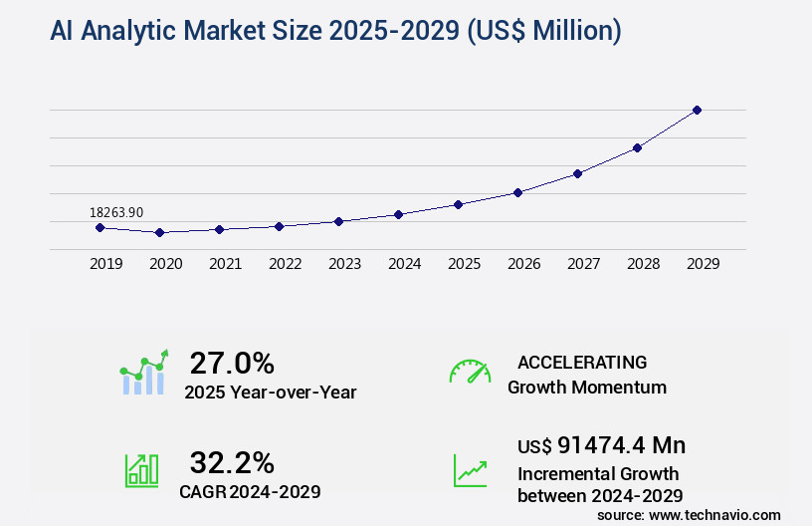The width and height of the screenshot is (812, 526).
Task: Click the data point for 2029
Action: pos(697,110)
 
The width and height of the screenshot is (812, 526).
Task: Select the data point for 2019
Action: pos(100,227)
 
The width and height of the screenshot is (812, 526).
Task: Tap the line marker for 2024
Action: pos(398,214)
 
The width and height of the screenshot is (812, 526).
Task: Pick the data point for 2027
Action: pos(577,173)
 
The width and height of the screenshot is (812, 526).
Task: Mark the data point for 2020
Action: pos(159,232)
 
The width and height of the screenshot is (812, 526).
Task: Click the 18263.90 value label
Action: pos(116,212)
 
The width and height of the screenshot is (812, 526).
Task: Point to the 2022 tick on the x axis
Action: pos(285,264)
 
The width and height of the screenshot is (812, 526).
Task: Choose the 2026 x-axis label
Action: pos(523,264)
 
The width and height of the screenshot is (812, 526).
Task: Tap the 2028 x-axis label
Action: pos(643,264)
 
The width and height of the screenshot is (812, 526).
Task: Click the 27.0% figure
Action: pos(232,363)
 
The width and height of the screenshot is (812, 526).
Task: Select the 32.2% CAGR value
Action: pos(232,462)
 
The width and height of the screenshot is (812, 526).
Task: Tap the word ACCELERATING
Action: pos(582,363)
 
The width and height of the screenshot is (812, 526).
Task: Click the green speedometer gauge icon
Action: pos(470,372)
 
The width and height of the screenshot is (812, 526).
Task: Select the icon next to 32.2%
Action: pos(141,470)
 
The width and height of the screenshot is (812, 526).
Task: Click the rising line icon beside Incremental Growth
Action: pos(470,470)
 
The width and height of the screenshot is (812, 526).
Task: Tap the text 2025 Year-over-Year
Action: pos(270,393)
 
